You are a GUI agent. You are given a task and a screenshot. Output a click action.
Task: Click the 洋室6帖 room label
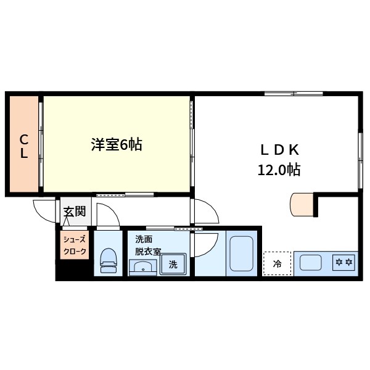point(117,145)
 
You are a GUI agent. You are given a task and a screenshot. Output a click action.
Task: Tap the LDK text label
point(279,149)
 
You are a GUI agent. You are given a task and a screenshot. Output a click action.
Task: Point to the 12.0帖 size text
point(279,170)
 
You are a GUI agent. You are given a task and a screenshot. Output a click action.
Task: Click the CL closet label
point(23,146)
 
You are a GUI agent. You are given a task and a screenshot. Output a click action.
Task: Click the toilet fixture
point(109,260)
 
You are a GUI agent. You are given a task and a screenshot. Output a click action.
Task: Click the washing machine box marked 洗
point(173,265)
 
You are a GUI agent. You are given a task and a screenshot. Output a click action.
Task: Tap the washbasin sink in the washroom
point(143,268)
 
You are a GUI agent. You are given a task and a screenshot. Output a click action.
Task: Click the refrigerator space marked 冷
point(277,264)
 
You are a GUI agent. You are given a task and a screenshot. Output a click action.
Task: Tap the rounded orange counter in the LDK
point(302,205)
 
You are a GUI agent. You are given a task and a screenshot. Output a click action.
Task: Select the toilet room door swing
point(107,215)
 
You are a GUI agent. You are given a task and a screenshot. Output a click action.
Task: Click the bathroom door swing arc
point(205,243)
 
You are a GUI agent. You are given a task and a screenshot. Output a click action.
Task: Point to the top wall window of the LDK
point(294,94)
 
